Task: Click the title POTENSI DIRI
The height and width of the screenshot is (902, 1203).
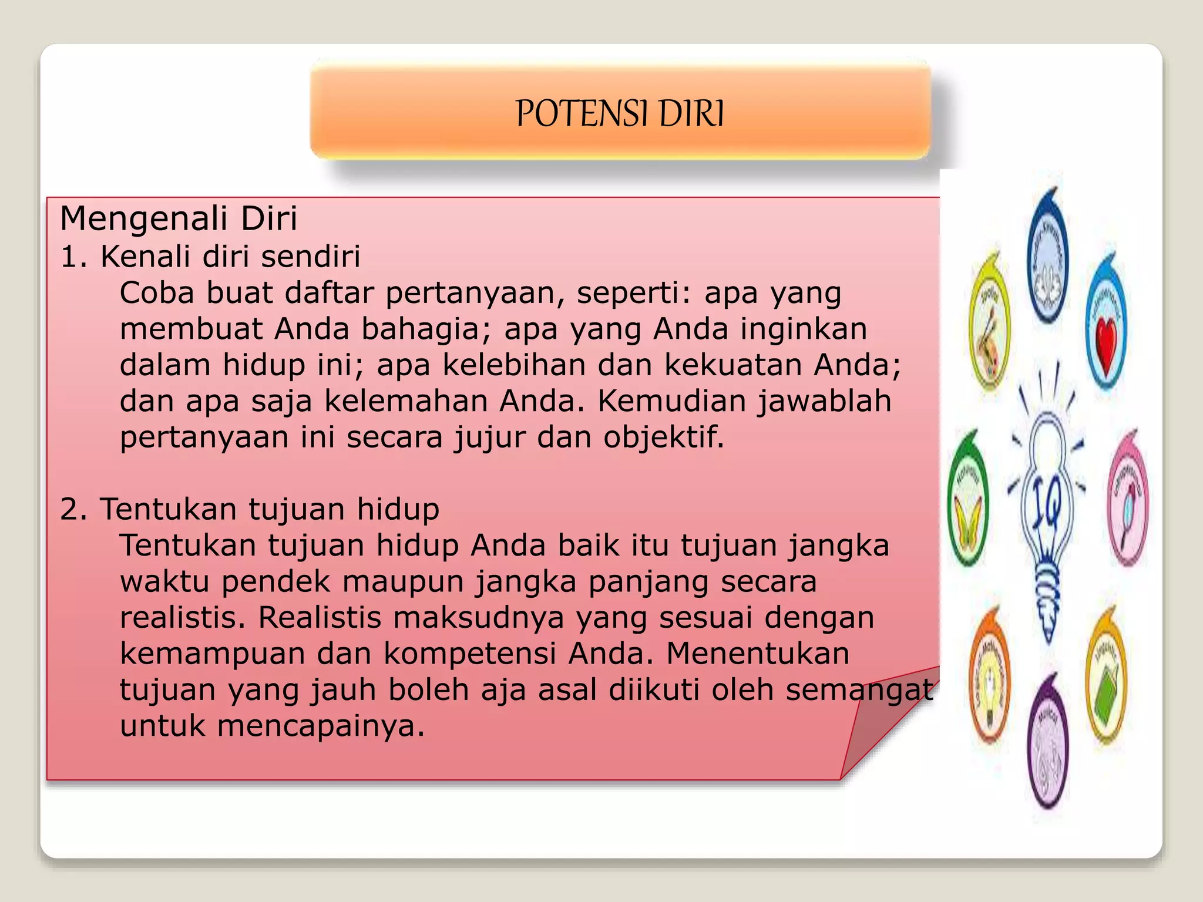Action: click(620, 113)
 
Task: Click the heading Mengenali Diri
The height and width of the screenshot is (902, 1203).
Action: click(179, 218)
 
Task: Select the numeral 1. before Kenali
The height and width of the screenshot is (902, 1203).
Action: click(73, 257)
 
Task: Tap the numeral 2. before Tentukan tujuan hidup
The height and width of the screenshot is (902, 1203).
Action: click(73, 509)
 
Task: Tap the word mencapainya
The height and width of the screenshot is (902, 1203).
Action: click(321, 726)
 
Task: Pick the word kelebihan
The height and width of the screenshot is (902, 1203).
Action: click(514, 365)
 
